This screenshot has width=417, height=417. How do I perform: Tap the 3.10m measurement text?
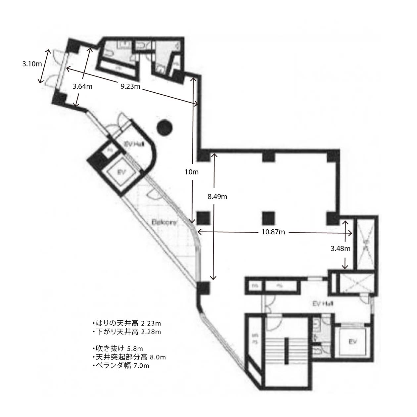pyautogui.click(x=32, y=64)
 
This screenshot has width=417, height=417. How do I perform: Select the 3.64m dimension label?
pyautogui.click(x=82, y=86)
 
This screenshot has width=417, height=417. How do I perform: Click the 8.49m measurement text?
pyautogui.click(x=217, y=197)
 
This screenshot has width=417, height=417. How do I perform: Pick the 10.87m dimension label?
pyautogui.click(x=273, y=232)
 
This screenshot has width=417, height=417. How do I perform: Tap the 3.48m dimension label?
pyautogui.click(x=341, y=248)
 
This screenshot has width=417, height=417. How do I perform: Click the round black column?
pyautogui.click(x=164, y=127)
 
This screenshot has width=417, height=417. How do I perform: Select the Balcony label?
pyautogui.click(x=164, y=222)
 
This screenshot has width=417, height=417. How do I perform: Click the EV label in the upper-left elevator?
pyautogui.click(x=120, y=172)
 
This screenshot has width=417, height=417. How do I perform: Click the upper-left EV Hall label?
pyautogui.click(x=133, y=144)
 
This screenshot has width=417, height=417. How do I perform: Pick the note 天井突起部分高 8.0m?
pyautogui.click(x=129, y=357)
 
